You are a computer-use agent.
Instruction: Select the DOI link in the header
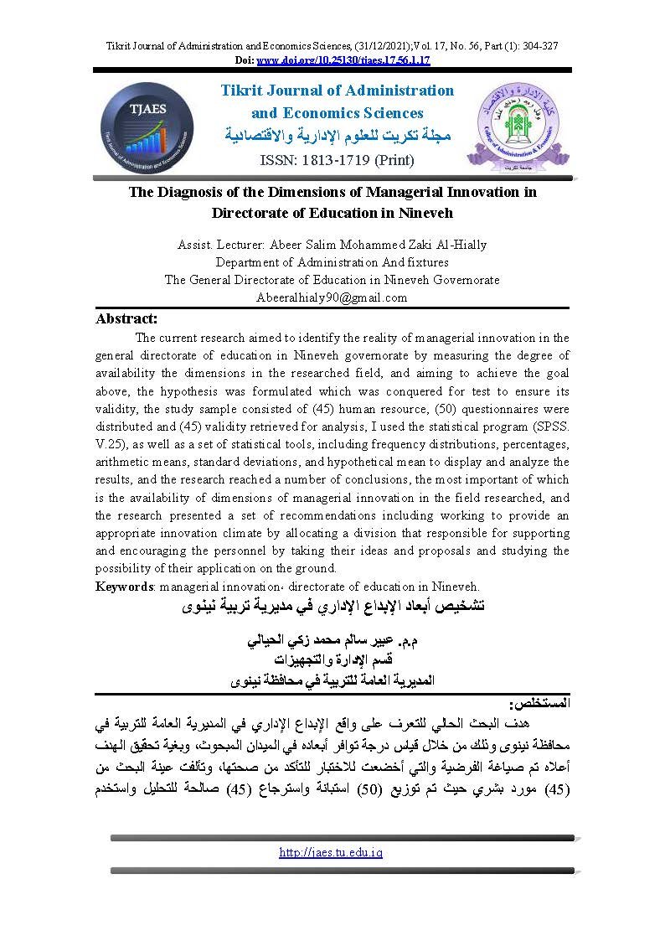point(343,61)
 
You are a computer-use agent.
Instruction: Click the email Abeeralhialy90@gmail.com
point(332,297)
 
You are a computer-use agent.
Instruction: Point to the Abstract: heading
point(126,318)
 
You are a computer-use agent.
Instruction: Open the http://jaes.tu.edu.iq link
point(331,852)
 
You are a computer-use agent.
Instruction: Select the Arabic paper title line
point(332,605)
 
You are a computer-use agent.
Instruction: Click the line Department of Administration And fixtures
point(332,262)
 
